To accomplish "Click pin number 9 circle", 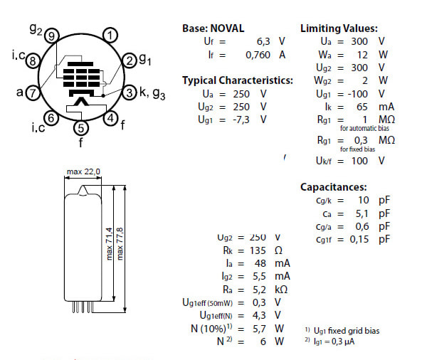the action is click(52, 36).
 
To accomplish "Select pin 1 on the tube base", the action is click(110, 35).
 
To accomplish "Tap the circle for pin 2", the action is click(130, 60).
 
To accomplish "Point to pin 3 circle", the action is click(130, 92).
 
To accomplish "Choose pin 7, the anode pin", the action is click(33, 92).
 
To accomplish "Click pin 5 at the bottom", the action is click(80, 128).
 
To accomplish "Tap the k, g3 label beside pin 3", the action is click(152, 93).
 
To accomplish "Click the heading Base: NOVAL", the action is click(213, 28).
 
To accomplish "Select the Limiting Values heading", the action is click(339, 28).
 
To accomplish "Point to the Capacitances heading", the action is click(334, 187).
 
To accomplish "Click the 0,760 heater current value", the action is click(258, 55).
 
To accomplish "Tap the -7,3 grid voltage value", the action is click(241, 120).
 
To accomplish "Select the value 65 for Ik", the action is click(362, 107).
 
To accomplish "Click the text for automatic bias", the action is click(364, 128).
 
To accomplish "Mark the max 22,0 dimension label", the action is click(83, 171).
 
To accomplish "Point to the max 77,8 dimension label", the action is click(120, 244).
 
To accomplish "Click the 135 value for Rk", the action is click(258, 250).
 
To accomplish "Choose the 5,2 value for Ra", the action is click(259, 290).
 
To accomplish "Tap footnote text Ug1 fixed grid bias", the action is click(347, 331).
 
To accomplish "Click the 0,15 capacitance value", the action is click(359, 239).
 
